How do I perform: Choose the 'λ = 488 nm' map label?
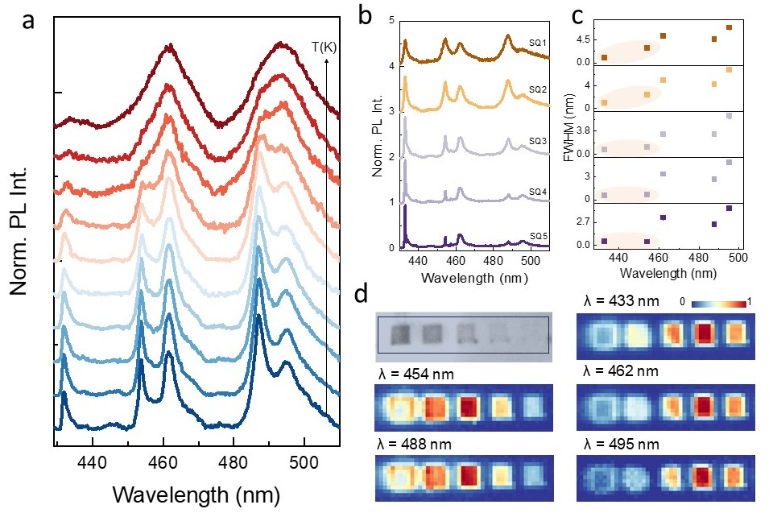tap(416, 442)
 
